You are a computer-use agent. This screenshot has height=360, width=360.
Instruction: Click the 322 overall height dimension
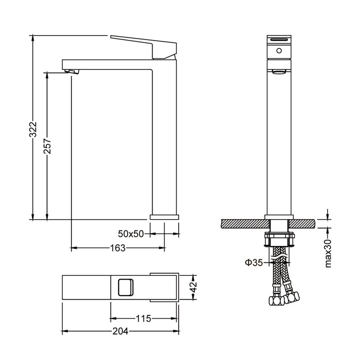[x=33, y=130]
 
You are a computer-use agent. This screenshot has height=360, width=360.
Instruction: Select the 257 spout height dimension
[x=48, y=146]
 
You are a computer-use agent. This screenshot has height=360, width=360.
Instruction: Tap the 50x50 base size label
[x=130, y=234]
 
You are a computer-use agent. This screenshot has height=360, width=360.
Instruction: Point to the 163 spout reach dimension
[x=118, y=248]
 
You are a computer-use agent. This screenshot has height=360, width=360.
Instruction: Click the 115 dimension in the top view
[x=144, y=319]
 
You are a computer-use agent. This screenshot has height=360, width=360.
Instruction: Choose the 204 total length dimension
[x=120, y=331]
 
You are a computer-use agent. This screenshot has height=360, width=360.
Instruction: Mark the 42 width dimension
[x=194, y=287]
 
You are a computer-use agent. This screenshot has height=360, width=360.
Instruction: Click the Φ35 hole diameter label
[x=253, y=262]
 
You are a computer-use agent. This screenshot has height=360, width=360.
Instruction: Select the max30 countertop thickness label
[x=328, y=253]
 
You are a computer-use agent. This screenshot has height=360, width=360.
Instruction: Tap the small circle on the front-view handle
[x=279, y=50]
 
